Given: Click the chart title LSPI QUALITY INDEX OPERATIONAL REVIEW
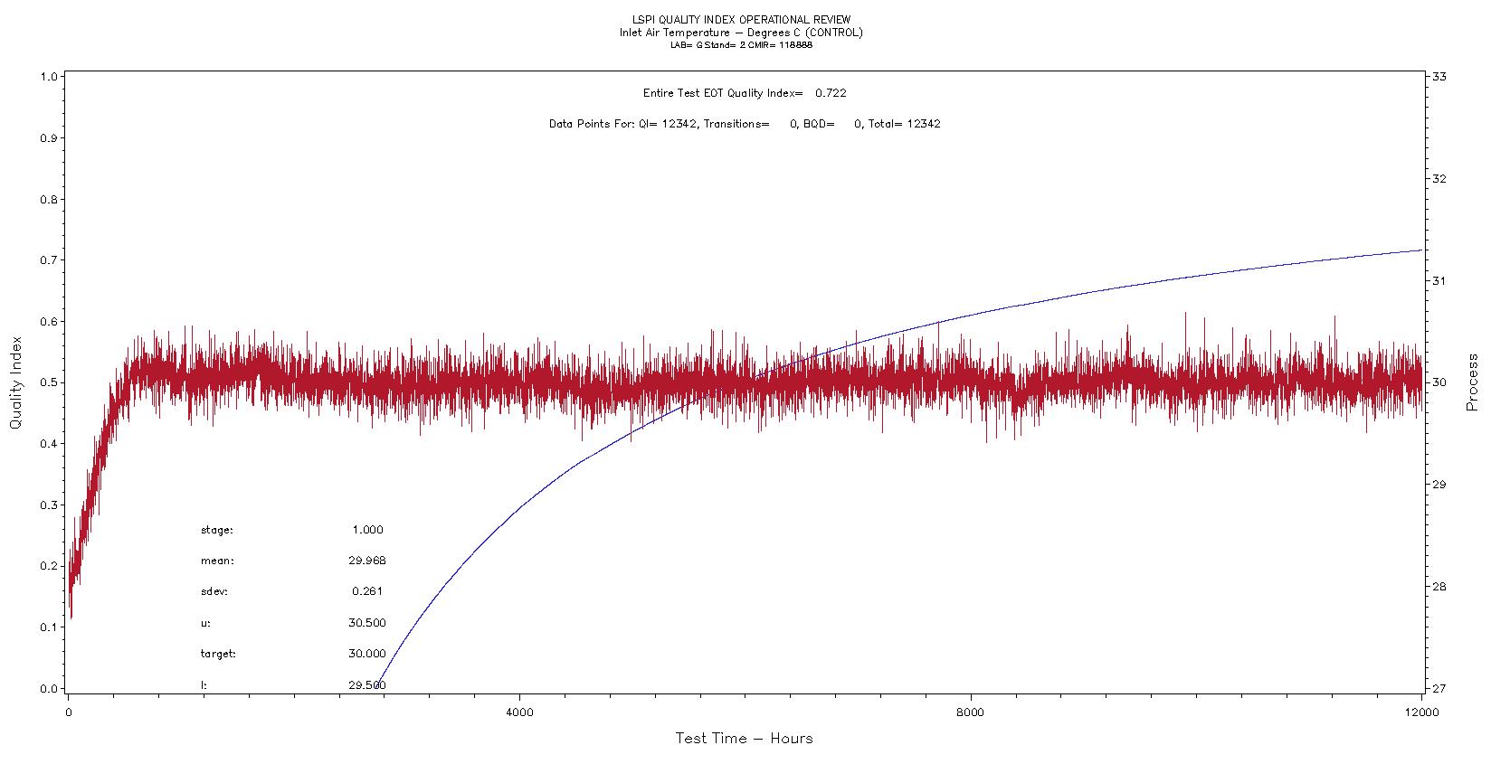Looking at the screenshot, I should tap(741, 20).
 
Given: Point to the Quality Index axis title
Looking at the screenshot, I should tap(15, 383).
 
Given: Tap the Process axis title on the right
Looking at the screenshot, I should tap(1473, 383).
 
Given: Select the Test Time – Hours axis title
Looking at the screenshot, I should tap(744, 739).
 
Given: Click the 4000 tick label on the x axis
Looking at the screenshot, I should tap(519, 712).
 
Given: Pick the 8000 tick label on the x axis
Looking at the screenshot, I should tap(970, 712).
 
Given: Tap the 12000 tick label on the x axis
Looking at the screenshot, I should tap(1421, 712).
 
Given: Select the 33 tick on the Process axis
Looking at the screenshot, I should tap(1438, 77).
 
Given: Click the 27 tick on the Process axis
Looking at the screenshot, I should tap(1438, 688).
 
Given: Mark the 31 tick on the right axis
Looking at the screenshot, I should tap(1438, 281).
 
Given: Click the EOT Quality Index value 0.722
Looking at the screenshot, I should tap(831, 93).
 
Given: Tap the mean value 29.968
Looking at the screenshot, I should tap(367, 561).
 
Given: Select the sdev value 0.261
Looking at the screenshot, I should tap(367, 591).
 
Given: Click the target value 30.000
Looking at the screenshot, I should tap(367, 654).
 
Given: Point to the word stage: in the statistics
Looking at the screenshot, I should tap(217, 530).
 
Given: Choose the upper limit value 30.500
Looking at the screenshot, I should tap(367, 623).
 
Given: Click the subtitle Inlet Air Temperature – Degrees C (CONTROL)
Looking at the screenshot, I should tap(741, 33).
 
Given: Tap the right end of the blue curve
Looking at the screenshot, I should tap(1421, 250).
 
